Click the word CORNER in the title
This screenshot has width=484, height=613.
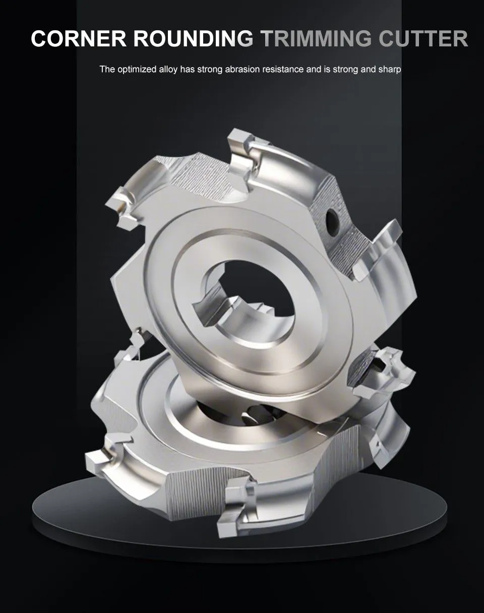pos(79,38)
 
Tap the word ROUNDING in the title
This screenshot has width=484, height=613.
pos(194,38)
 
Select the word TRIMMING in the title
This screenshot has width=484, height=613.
pos(316,38)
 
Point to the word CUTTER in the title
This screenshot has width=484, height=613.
pos(423,38)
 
